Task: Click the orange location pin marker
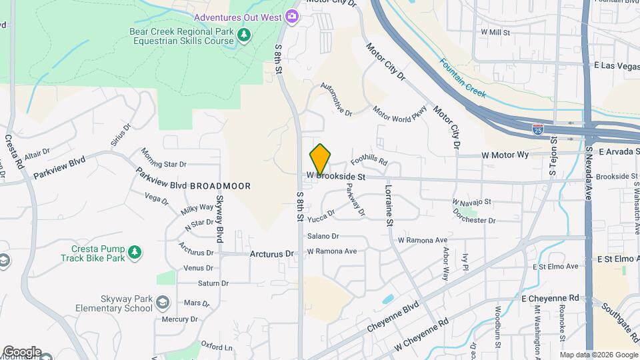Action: coord(321,159)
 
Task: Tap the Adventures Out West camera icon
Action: coord(291,16)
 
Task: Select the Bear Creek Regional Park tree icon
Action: coord(244,35)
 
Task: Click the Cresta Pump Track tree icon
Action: coord(135,252)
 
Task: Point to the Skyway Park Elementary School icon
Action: coord(161,303)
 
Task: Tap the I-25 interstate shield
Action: coord(537,128)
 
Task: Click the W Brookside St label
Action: coord(337,177)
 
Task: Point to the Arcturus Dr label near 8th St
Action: coord(271,254)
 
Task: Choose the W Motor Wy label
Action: coord(505,155)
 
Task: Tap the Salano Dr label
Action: coord(323,236)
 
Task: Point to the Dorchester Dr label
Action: coord(474,220)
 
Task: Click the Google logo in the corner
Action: coord(21,351)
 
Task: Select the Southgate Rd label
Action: coord(619,314)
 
